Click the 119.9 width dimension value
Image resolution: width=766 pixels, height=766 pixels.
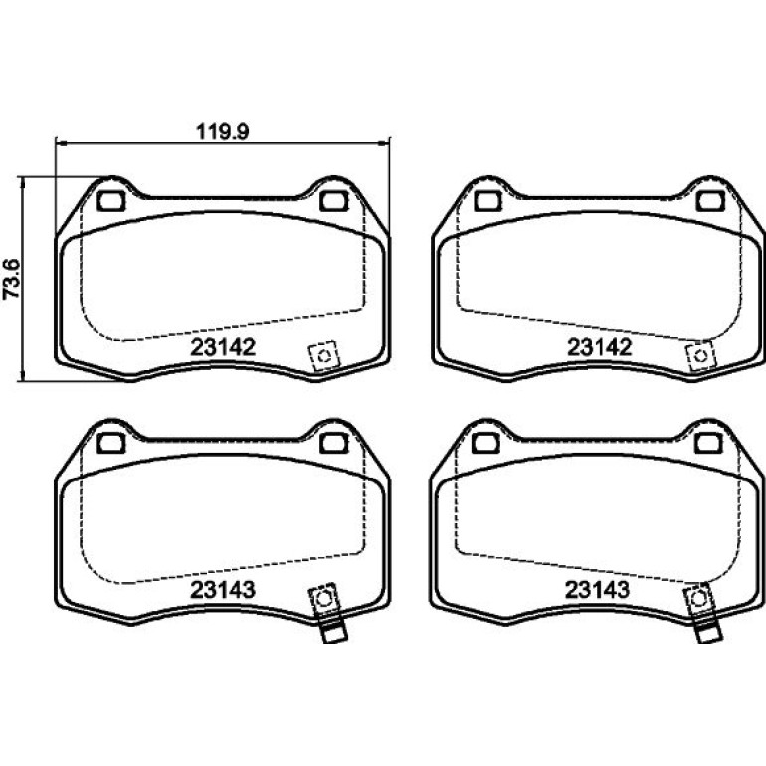coord(222,132)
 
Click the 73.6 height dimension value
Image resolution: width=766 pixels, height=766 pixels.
coord(12,279)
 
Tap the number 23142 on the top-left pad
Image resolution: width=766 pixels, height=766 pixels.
coord(223,347)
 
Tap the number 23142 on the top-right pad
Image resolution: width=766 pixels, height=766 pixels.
coord(600,347)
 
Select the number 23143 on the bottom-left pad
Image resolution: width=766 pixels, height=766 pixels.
coord(222,590)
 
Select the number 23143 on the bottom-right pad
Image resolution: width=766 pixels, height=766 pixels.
coord(597,590)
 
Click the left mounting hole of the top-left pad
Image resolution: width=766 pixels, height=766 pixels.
coord(111,201)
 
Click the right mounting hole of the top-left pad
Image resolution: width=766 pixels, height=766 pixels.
coord(333,201)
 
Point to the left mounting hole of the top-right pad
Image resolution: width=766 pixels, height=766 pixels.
coord(488,201)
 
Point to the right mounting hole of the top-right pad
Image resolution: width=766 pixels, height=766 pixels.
coord(710,201)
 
